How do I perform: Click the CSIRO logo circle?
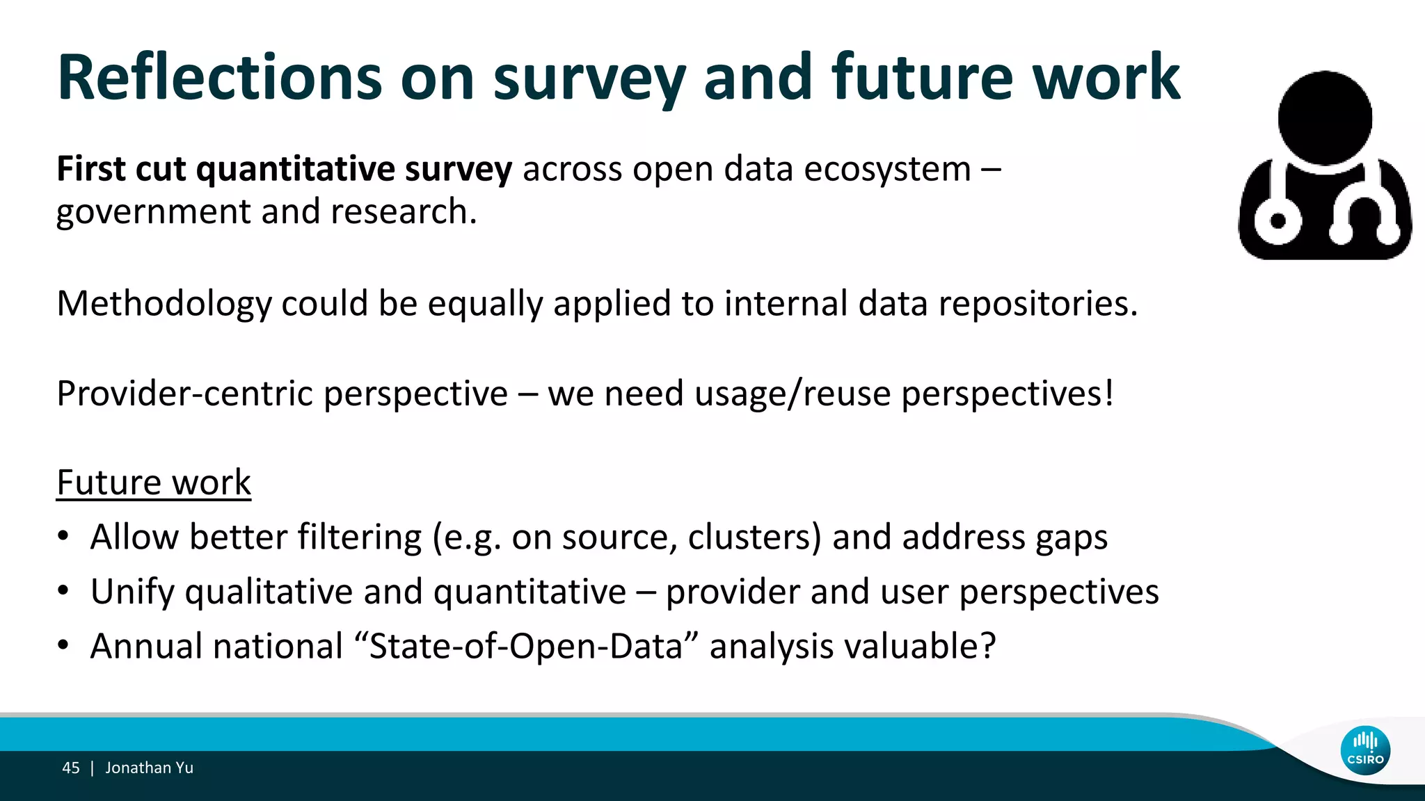pyautogui.click(x=1365, y=751)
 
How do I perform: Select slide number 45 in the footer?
pyautogui.click(x=71, y=768)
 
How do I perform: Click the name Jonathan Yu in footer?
pyautogui.click(x=149, y=768)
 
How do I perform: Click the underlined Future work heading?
pyautogui.click(x=154, y=483)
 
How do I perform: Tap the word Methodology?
pyautogui.click(x=164, y=304)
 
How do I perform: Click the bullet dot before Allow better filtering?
pyautogui.click(x=63, y=536)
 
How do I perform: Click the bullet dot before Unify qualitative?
pyautogui.click(x=63, y=591)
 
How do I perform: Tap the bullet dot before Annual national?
pyautogui.click(x=63, y=645)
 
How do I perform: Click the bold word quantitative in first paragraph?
pyautogui.click(x=295, y=170)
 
